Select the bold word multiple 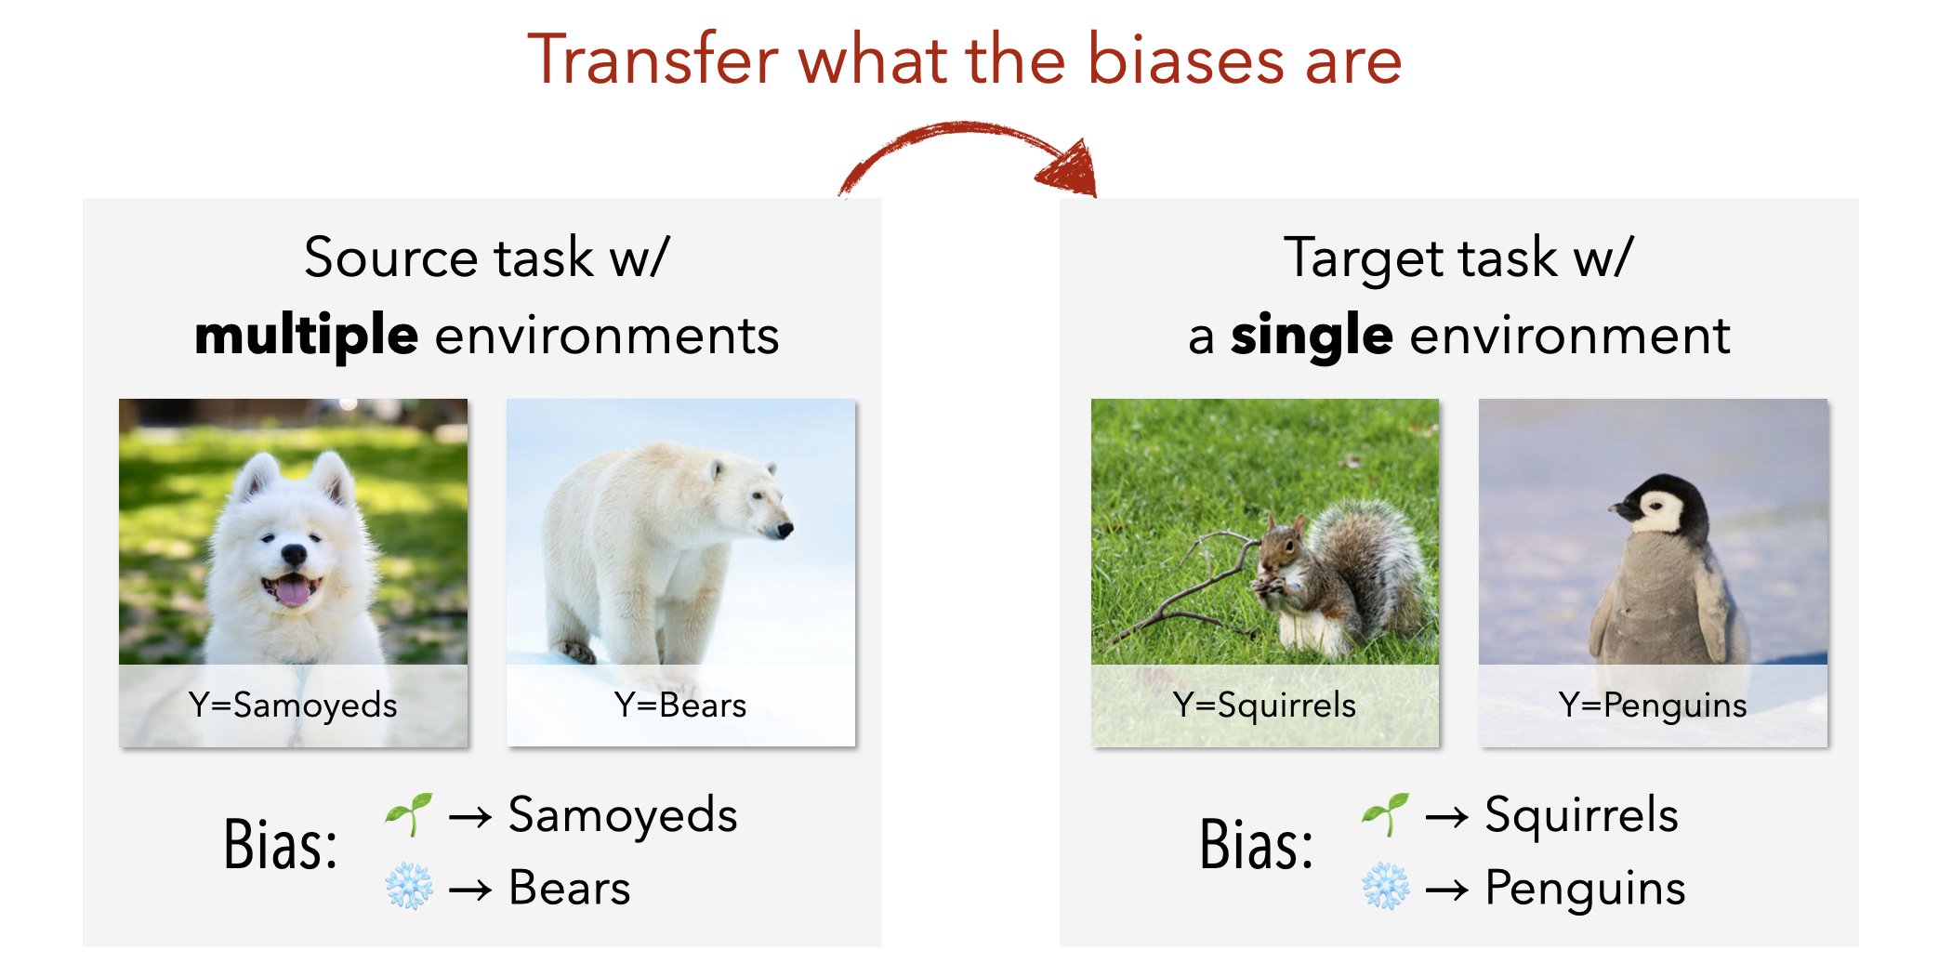point(307,336)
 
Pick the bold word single point(1312,336)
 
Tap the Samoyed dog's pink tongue point(293,591)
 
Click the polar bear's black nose point(785,531)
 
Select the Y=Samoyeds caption point(293,706)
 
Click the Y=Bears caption point(680,706)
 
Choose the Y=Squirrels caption point(1265,706)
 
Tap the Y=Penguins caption point(1653,706)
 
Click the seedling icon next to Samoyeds point(410,814)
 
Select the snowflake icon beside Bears point(409,887)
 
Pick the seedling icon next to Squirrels point(1386,814)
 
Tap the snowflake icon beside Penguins point(1386,887)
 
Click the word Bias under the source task point(280,844)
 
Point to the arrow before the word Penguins point(1447,891)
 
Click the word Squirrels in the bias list point(1581,815)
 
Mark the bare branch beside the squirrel point(1190,586)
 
